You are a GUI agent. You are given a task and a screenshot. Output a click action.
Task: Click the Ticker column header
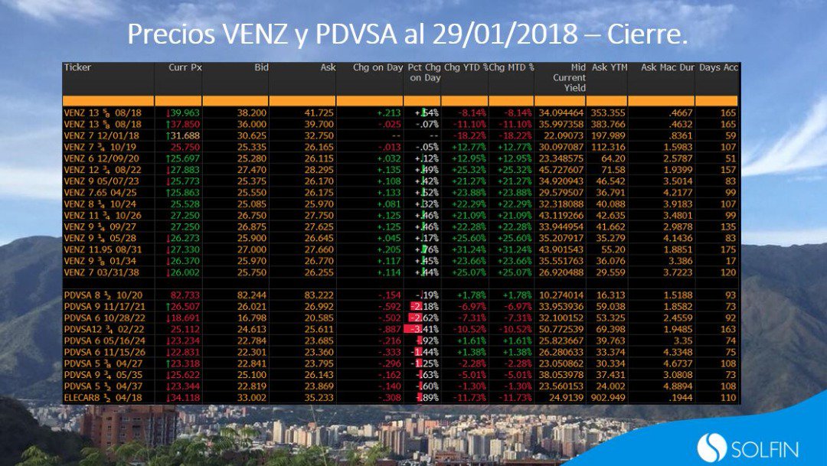click(77, 67)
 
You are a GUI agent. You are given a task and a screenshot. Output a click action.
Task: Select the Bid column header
click(261, 67)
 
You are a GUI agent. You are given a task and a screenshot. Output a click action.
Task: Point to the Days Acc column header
click(719, 67)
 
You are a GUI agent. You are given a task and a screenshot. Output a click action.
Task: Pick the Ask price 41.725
click(319, 112)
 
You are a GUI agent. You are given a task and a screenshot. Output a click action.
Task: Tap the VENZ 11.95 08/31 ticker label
click(103, 249)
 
